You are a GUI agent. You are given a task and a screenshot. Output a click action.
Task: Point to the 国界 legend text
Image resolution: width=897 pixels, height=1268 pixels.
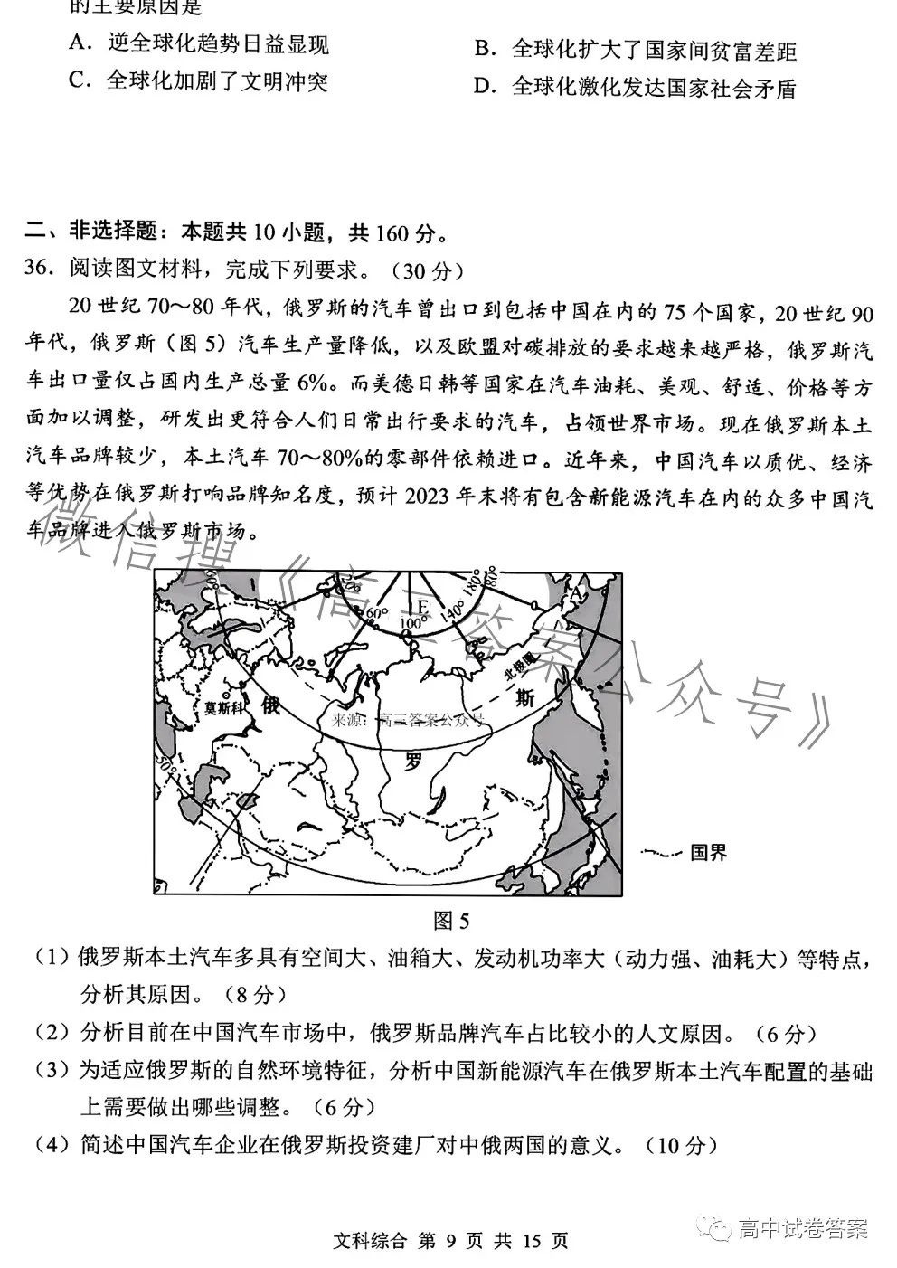coord(708,852)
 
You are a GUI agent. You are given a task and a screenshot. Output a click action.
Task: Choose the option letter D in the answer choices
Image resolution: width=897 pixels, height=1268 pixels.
coord(484,87)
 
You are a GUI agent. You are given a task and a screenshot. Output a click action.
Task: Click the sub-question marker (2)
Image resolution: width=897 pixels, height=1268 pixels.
coord(52,1033)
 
